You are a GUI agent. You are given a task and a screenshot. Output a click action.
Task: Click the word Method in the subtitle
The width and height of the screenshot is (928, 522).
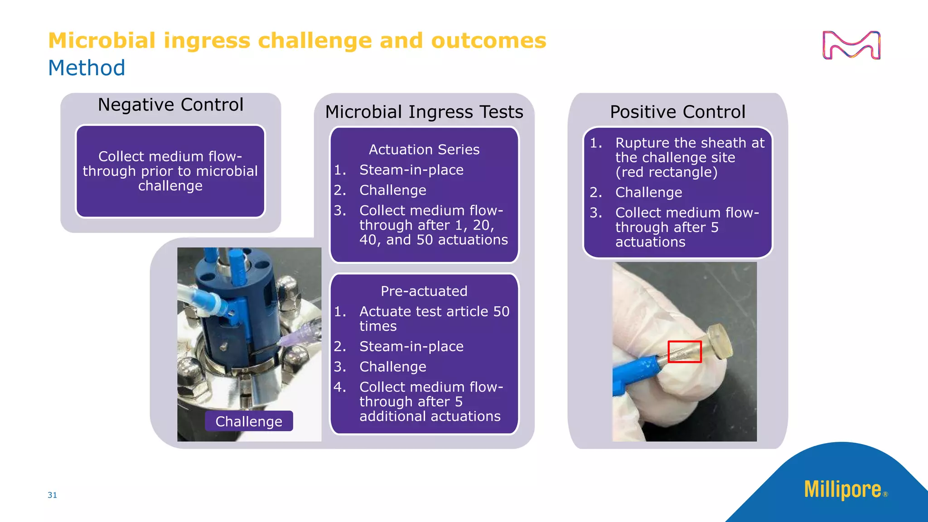(x=87, y=68)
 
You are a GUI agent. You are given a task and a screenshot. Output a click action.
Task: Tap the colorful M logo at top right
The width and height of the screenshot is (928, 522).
(x=851, y=45)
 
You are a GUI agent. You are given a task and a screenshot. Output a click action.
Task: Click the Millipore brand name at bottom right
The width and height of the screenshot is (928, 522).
(x=842, y=490)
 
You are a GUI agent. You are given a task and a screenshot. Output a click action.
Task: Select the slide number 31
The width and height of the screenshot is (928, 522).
(x=52, y=495)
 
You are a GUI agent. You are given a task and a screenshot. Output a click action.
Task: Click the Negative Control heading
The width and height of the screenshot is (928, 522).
(x=170, y=105)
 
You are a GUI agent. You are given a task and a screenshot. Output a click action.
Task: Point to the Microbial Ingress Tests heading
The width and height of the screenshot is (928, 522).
(x=424, y=112)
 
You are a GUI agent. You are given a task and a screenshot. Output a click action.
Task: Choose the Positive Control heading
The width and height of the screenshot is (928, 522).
(x=677, y=112)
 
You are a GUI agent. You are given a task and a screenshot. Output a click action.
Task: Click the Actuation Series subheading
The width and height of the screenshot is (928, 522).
(x=424, y=150)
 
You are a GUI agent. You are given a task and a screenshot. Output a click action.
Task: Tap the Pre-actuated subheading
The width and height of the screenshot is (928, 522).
(x=424, y=291)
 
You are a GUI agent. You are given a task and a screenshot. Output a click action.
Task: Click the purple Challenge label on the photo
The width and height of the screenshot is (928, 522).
(x=249, y=421)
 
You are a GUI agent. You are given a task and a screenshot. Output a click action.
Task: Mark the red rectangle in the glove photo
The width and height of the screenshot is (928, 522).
(x=685, y=352)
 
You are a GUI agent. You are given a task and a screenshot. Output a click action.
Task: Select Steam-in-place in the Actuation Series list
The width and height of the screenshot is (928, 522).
(x=411, y=170)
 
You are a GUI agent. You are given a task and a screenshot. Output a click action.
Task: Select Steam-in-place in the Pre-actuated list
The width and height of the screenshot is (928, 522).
(x=411, y=347)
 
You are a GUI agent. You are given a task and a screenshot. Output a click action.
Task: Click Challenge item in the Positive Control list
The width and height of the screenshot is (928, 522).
(x=648, y=193)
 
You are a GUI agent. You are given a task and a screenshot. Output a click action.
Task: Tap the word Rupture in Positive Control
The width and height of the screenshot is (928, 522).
(x=643, y=143)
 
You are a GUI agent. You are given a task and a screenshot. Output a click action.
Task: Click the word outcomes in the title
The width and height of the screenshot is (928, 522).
(x=488, y=41)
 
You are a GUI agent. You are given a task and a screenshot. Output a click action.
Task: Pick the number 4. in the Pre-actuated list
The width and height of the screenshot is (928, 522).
(x=340, y=387)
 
